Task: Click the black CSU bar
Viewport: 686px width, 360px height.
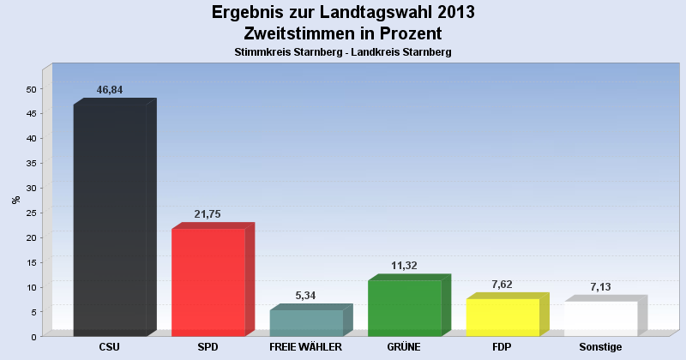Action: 110,220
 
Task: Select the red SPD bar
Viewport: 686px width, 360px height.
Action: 208,282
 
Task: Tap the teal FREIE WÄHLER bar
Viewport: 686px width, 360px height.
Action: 306,322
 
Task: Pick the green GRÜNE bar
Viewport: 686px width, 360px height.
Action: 404,308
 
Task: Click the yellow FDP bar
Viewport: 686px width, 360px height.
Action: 502,317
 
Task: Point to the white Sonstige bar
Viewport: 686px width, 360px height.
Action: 600,318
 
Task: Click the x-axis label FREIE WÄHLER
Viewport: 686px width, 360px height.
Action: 306,347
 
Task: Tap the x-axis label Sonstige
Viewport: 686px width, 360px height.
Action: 600,347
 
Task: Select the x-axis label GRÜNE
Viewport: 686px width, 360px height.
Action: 404,347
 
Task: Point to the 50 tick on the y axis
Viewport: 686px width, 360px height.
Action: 32,89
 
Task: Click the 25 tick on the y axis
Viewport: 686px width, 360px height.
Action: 32,213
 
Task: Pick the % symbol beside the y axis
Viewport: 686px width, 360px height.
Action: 15,200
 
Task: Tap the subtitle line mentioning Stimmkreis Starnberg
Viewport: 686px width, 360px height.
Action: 343,52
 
